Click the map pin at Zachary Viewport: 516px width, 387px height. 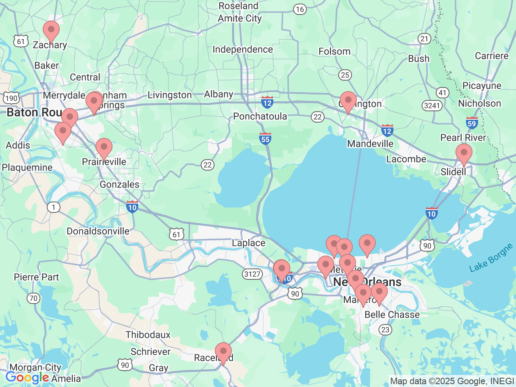tap(51, 30)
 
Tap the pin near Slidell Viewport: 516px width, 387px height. tap(464, 153)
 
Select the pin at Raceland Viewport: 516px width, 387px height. tap(223, 352)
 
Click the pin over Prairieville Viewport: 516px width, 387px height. tap(104, 147)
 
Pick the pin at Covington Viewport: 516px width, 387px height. tap(348, 101)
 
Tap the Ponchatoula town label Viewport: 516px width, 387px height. tap(260, 117)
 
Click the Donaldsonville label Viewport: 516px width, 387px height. tap(98, 231)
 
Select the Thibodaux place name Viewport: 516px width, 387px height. tap(148, 335)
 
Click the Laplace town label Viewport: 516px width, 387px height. tap(248, 243)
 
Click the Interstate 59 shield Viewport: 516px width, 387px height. tap(472, 123)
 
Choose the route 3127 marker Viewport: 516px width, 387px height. tap(252, 275)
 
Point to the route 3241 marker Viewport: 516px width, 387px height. tap(432, 106)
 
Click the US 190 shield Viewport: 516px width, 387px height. tap(11, 98)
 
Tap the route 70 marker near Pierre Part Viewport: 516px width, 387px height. tap(33, 298)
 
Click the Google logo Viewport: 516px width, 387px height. tap(27, 378)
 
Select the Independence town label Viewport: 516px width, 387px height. tap(243, 50)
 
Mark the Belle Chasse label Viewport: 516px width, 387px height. tap(392, 315)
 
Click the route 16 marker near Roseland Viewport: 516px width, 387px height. tap(300, 9)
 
